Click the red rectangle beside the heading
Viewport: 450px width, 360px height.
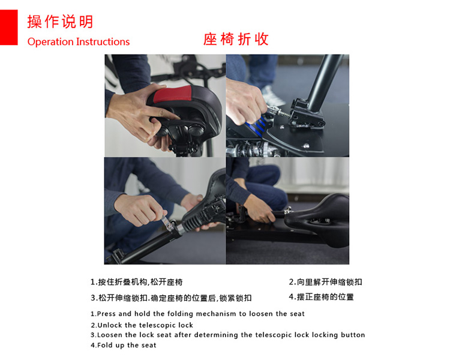(x=8, y=27)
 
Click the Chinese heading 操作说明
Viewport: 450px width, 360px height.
(x=60, y=22)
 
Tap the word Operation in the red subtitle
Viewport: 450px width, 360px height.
(x=50, y=42)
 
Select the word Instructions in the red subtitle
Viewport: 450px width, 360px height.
(x=103, y=41)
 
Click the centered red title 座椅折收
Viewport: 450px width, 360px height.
(x=236, y=40)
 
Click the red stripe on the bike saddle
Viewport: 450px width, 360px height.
(x=172, y=94)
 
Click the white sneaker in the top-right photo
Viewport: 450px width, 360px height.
(x=272, y=95)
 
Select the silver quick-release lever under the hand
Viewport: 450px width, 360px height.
(x=167, y=223)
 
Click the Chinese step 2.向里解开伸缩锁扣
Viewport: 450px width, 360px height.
(x=325, y=282)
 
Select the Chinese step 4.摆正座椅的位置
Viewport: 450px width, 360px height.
(x=322, y=297)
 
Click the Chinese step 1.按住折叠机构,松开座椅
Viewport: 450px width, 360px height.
(x=137, y=282)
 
